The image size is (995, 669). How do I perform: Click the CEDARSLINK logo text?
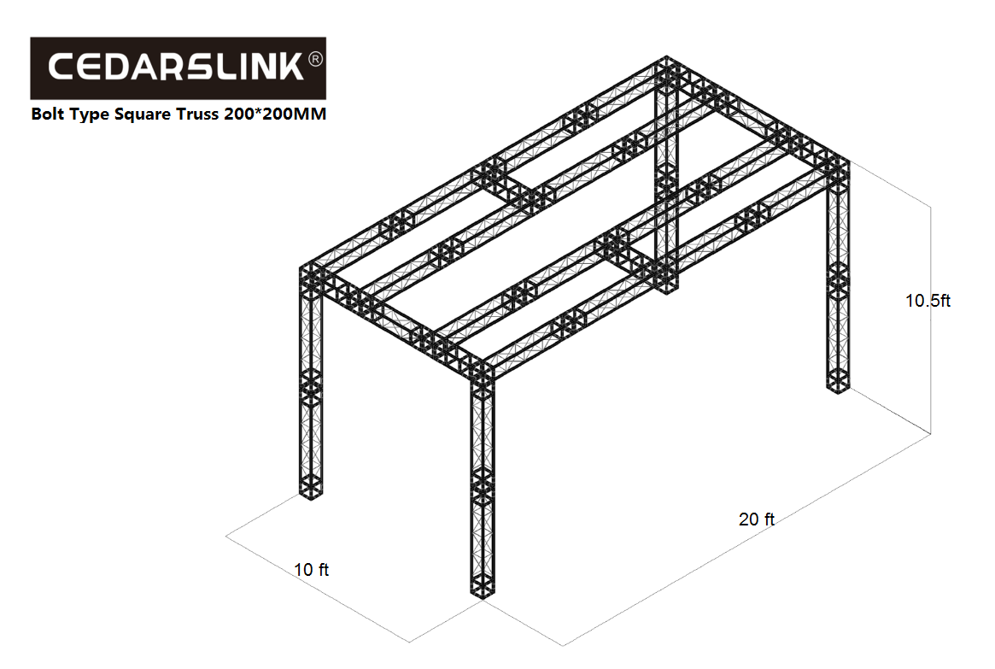point(176,67)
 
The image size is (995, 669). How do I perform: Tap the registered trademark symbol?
point(315,59)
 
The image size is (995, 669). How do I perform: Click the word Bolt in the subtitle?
point(47,114)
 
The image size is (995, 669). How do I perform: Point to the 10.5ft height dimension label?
point(928,301)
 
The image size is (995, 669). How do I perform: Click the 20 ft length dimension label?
point(757,519)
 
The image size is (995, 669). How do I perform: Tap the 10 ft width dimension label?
point(312,570)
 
